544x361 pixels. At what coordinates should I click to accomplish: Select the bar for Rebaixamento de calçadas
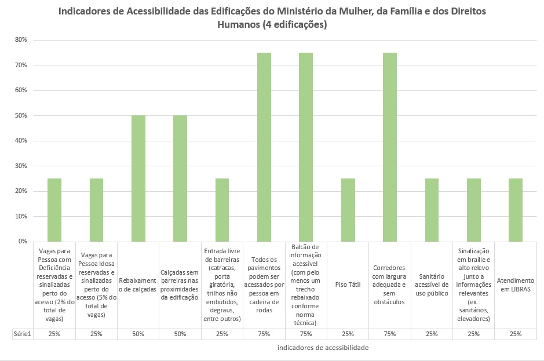pyautogui.click(x=138, y=178)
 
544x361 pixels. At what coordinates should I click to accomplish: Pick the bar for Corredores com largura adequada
pyautogui.click(x=390, y=147)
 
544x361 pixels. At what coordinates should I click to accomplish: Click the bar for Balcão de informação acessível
pyautogui.click(x=306, y=147)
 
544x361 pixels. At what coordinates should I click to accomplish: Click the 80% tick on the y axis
pyautogui.click(x=21, y=40)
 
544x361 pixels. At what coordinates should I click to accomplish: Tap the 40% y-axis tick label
pyautogui.click(x=21, y=141)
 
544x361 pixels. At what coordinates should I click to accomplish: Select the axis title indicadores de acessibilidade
pyautogui.click(x=323, y=348)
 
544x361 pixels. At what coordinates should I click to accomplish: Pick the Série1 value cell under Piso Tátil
pyautogui.click(x=348, y=334)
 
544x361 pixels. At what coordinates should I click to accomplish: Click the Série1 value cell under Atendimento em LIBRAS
pyautogui.click(x=516, y=334)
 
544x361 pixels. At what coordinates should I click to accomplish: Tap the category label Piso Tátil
pyautogui.click(x=348, y=285)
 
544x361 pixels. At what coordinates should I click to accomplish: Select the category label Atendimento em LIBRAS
pyautogui.click(x=516, y=285)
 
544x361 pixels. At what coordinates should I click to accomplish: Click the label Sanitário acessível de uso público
pyautogui.click(x=432, y=285)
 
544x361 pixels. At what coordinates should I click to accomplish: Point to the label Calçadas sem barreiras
pyautogui.click(x=180, y=285)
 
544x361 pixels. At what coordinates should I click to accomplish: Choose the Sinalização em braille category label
pyautogui.click(x=474, y=285)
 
